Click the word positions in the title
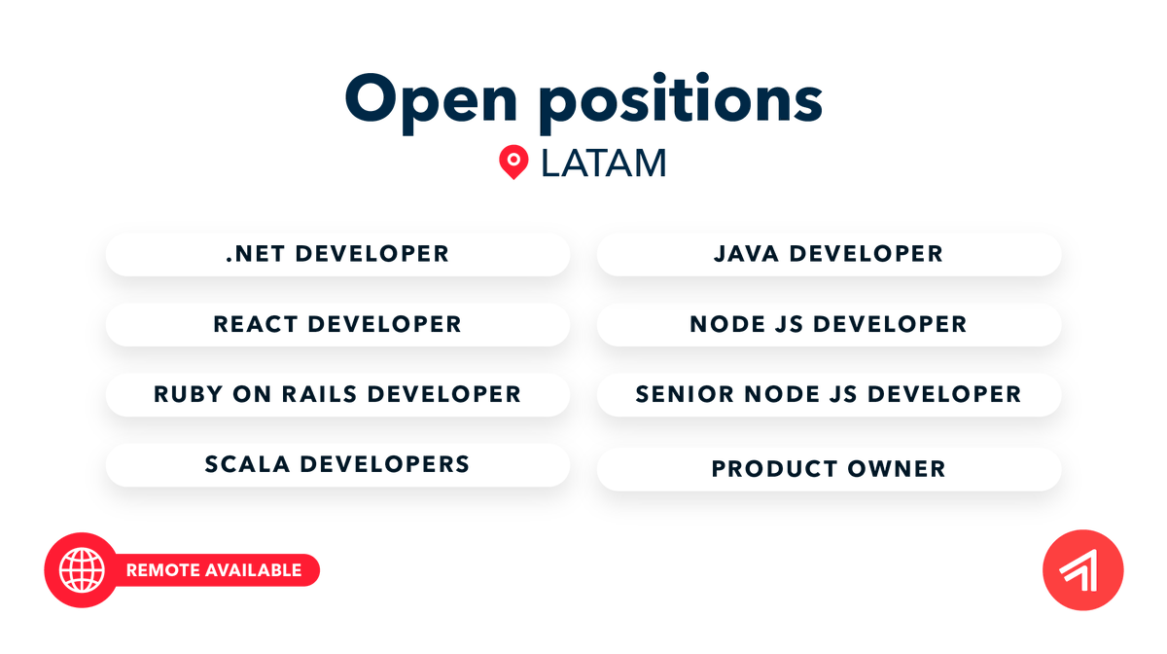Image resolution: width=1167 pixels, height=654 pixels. coord(681,99)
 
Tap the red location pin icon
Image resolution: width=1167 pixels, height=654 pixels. coord(513,163)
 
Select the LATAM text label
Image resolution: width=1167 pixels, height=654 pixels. coord(603,163)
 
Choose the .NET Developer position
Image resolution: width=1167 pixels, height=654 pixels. coord(337,254)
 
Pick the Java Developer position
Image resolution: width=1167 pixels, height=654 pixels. coord(829,254)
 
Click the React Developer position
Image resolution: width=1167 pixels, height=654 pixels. coord(337,324)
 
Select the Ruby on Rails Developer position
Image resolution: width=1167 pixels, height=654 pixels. coord(337,394)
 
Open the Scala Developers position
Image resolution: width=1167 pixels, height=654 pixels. coord(337,464)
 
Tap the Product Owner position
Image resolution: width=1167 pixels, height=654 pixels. coord(829,469)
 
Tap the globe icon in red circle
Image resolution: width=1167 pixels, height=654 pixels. coord(82,570)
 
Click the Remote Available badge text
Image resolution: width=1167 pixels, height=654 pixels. coord(214,570)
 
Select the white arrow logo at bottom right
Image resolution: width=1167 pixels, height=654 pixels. coord(1082,570)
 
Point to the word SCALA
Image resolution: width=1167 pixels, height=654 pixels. coord(247,464)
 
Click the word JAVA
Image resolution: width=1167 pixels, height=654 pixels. coord(747,254)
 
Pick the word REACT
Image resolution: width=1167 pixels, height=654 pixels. coord(256,324)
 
